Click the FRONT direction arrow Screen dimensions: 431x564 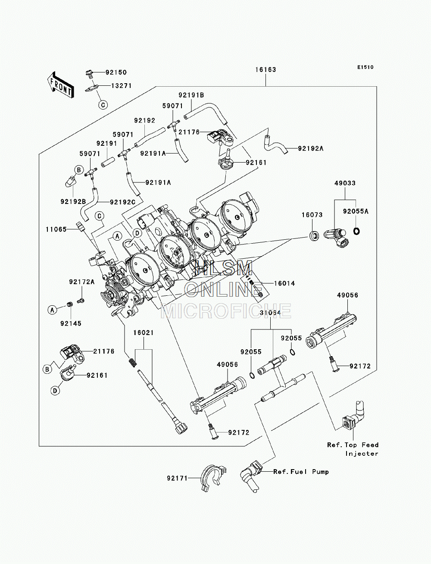60,85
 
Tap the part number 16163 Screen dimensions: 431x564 265,69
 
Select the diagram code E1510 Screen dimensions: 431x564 365,67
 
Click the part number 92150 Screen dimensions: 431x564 116,72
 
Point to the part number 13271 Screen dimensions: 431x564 121,85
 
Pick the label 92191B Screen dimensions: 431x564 191,95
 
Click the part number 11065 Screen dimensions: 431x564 56,229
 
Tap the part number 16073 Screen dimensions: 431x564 312,215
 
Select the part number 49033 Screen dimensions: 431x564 345,183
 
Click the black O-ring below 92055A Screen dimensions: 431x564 356,231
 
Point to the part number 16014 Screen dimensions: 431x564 284,283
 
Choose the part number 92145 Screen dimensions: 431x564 71,323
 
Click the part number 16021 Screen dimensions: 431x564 144,333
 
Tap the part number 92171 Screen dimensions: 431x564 178,478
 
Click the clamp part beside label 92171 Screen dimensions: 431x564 212,477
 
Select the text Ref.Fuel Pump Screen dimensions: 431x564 301,472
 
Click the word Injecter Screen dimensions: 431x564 362,454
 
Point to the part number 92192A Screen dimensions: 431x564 311,148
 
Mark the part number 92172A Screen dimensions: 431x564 82,282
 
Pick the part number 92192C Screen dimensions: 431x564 122,202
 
